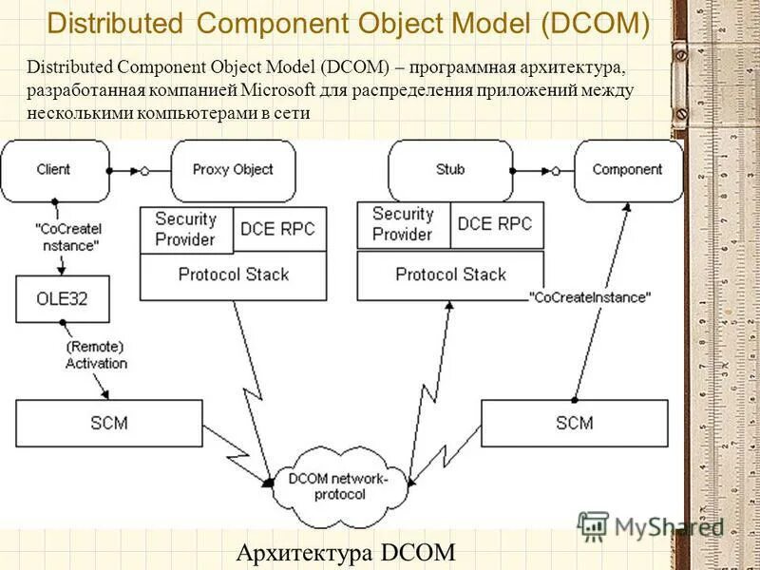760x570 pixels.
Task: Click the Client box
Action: click(x=53, y=170)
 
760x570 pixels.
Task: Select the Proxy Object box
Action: click(x=233, y=170)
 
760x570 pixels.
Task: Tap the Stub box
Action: click(x=450, y=170)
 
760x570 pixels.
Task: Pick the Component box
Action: click(x=627, y=170)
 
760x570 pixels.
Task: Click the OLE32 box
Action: click(x=63, y=298)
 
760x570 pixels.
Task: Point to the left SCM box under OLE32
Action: click(x=108, y=423)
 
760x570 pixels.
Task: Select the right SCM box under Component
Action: click(x=574, y=423)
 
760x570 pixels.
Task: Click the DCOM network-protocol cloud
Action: click(x=340, y=486)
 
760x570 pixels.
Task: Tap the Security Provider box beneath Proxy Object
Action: click(x=186, y=230)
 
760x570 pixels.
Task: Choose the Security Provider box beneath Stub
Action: click(x=403, y=224)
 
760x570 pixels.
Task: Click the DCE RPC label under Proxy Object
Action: click(x=277, y=229)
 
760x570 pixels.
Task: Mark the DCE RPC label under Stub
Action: click(x=494, y=224)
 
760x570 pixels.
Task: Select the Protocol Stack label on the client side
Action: click(x=234, y=275)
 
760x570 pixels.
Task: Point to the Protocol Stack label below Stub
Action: click(x=451, y=275)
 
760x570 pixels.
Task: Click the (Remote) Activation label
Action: click(x=96, y=355)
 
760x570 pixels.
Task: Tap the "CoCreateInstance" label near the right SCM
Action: click(x=591, y=297)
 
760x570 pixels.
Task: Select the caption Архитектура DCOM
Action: click(x=345, y=552)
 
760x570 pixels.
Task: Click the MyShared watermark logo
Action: click(x=654, y=526)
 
